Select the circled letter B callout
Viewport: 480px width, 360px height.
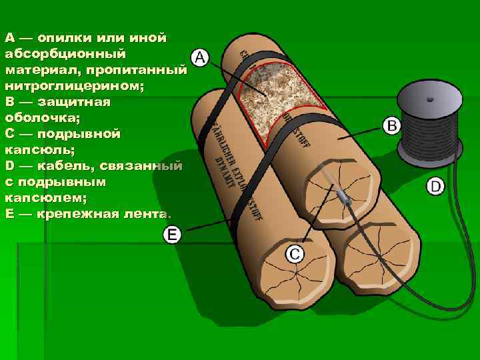391,125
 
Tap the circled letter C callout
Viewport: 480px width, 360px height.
295,253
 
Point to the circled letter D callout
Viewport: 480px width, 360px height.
435,185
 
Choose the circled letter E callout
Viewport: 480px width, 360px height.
173,234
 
